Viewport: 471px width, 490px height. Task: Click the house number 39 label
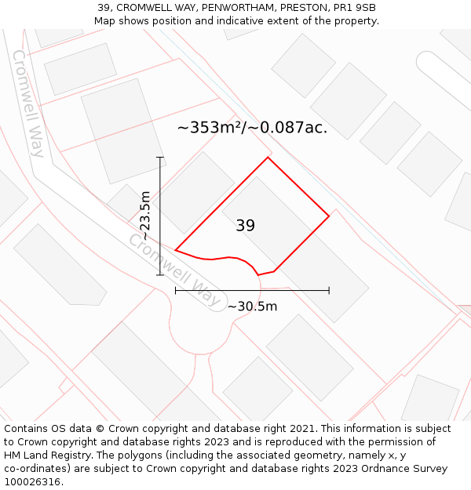click(245, 226)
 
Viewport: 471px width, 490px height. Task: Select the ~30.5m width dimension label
click(252, 306)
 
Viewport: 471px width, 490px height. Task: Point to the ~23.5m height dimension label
click(144, 216)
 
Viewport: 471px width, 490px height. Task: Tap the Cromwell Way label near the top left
click(28, 103)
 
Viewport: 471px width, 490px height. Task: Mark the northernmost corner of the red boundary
click(268, 158)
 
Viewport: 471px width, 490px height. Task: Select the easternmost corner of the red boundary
click(329, 216)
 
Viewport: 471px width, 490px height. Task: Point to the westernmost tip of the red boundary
click(175, 250)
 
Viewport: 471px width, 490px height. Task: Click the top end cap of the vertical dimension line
click(160, 158)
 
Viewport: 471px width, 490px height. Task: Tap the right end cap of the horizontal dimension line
click(329, 290)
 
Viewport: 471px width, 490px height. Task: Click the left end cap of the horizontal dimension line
click(175, 290)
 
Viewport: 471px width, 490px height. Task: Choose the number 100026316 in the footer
click(32, 482)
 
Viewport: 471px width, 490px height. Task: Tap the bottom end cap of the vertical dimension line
click(160, 275)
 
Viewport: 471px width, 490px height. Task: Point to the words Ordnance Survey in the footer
click(406, 469)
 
